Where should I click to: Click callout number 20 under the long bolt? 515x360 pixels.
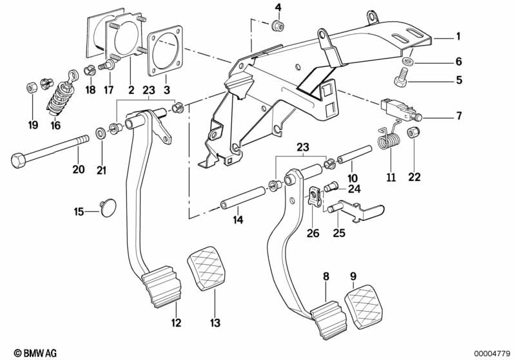78,170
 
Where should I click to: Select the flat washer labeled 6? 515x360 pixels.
407,62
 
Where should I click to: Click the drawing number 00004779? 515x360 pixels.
492,352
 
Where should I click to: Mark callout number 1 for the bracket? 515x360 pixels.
458,36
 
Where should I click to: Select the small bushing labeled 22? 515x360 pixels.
413,134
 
